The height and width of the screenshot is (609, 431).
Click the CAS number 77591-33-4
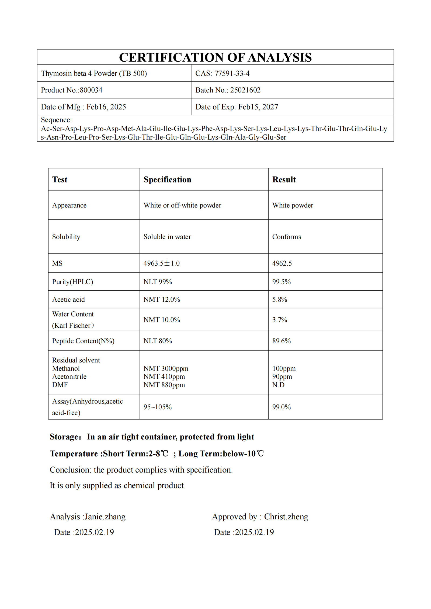pyautogui.click(x=232, y=73)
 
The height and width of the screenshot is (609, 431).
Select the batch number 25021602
pyautogui.click(x=245, y=90)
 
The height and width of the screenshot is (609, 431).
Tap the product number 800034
pyautogui.click(x=91, y=90)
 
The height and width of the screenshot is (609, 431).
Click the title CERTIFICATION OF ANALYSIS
pyautogui.click(x=215, y=57)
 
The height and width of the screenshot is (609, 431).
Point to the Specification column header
pyautogui.click(x=167, y=179)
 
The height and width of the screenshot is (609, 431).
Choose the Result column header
pyautogui.click(x=284, y=179)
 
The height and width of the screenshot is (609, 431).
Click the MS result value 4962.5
pyautogui.click(x=282, y=263)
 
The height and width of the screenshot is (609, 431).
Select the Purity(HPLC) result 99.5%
pyautogui.click(x=281, y=282)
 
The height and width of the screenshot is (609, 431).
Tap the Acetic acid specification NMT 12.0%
pyautogui.click(x=162, y=300)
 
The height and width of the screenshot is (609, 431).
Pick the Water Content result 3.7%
pyautogui.click(x=280, y=320)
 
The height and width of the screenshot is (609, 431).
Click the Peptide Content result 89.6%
pyautogui.click(x=281, y=341)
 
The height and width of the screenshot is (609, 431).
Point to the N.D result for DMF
pyautogui.click(x=278, y=385)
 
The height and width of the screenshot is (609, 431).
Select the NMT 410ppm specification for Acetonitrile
pyautogui.click(x=164, y=376)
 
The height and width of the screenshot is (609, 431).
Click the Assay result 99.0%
pyautogui.click(x=281, y=407)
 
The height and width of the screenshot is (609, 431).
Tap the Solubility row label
pyautogui.click(x=66, y=237)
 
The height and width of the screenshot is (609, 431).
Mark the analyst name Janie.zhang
pyautogui.click(x=105, y=517)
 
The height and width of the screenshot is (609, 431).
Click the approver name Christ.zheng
pyautogui.click(x=286, y=517)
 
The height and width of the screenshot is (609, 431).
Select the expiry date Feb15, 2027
pyautogui.click(x=258, y=107)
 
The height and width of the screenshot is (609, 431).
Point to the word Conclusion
pyautogui.click(x=70, y=470)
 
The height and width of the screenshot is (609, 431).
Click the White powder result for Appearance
pyautogui.click(x=293, y=205)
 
